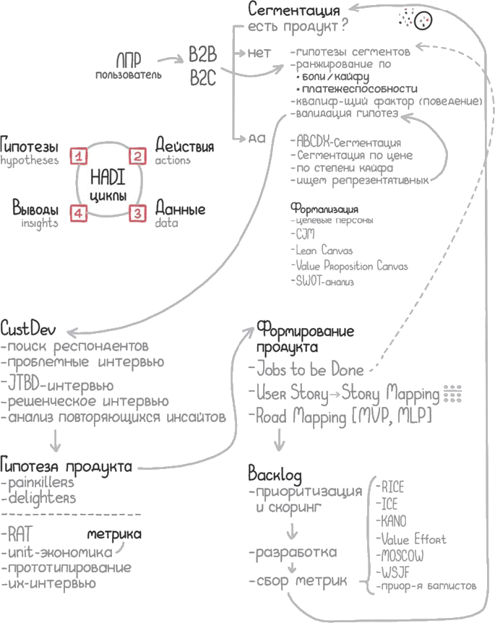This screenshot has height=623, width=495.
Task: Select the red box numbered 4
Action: (x=79, y=212)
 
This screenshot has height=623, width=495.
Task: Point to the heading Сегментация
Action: (x=294, y=10)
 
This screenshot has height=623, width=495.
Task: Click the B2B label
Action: (x=204, y=55)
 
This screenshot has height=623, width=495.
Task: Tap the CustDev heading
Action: (x=25, y=327)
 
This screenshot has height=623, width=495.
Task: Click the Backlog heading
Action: (x=275, y=474)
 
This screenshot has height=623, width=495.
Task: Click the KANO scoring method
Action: (x=392, y=521)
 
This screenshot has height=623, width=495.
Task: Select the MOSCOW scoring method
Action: (x=400, y=557)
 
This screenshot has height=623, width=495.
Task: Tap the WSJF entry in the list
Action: (x=392, y=574)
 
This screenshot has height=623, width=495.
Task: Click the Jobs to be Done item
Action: (x=309, y=369)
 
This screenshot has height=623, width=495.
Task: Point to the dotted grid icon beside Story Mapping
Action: (x=452, y=394)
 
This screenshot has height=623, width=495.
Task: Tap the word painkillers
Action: (x=40, y=481)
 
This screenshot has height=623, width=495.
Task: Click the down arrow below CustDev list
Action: (x=56, y=438)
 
